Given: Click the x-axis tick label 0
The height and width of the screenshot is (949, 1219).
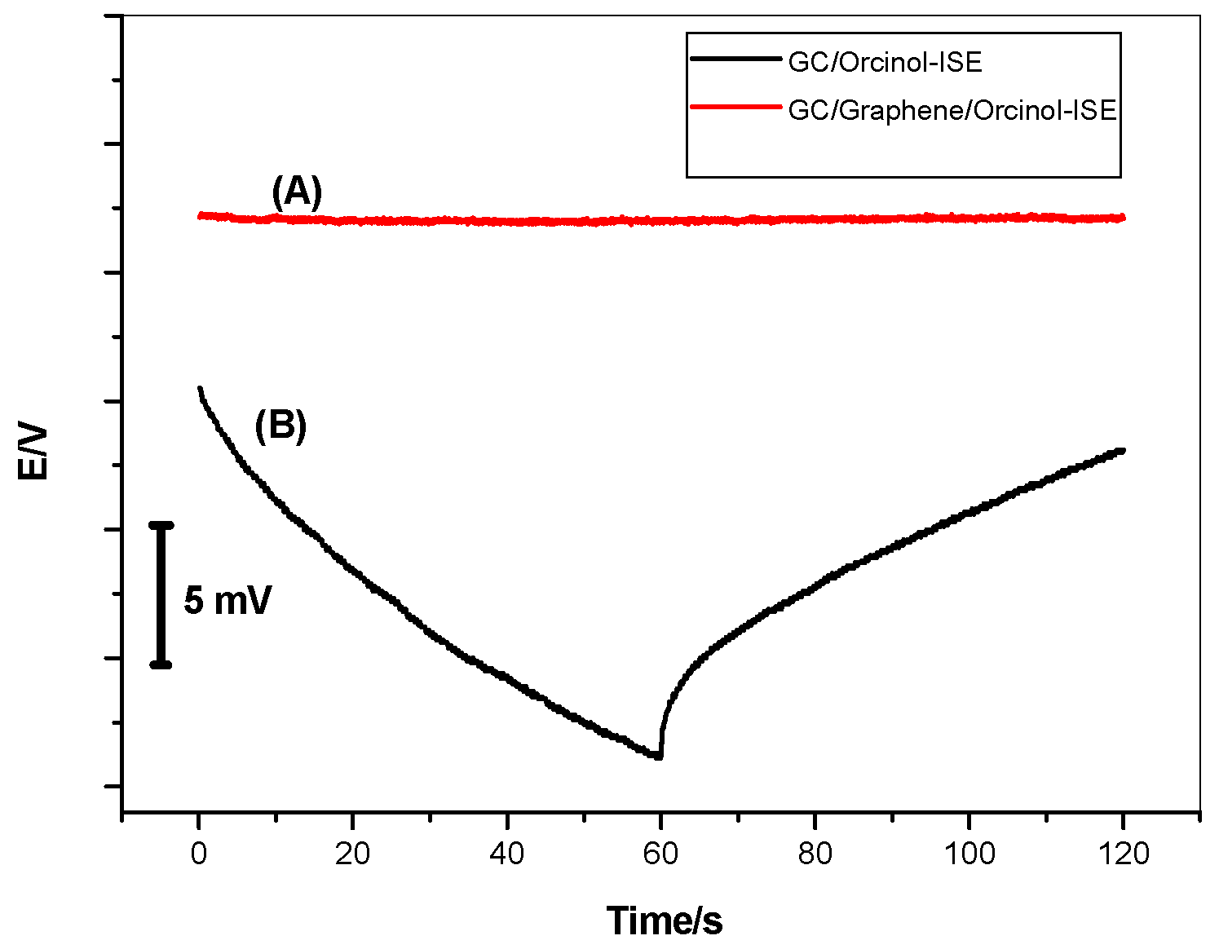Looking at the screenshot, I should pyautogui.click(x=199, y=854).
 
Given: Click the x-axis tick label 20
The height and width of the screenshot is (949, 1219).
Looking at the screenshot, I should pyautogui.click(x=352, y=854).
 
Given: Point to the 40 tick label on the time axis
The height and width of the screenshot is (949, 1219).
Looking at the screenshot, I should pyautogui.click(x=506, y=854).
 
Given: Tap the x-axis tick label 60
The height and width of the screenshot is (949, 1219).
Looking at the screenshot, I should pyautogui.click(x=660, y=854).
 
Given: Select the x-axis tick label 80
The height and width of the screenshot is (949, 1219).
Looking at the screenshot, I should pyautogui.click(x=815, y=854).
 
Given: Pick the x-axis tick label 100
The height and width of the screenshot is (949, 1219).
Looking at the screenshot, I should pyautogui.click(x=969, y=854).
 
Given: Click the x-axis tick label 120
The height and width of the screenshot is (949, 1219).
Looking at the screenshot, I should pyautogui.click(x=1123, y=854).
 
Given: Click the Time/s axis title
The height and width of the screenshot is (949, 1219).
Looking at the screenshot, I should pyautogui.click(x=665, y=920).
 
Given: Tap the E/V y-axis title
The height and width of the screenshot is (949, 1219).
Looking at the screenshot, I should pyautogui.click(x=34, y=452).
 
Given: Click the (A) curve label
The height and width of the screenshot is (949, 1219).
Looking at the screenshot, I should pyautogui.click(x=297, y=192).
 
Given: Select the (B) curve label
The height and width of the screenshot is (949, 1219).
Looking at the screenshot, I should pyautogui.click(x=280, y=426).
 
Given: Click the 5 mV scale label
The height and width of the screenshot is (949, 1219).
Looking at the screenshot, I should pyautogui.click(x=227, y=601).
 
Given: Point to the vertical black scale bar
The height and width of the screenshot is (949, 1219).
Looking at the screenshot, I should pyautogui.click(x=161, y=594).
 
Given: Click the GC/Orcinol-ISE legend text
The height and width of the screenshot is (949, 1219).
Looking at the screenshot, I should pyautogui.click(x=885, y=62).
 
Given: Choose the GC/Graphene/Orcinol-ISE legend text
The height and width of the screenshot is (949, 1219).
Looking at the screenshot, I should pyautogui.click(x=952, y=110).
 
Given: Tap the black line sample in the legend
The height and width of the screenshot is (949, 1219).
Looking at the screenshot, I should pyautogui.click(x=735, y=59).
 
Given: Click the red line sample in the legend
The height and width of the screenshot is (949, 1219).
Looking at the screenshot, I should pyautogui.click(x=735, y=107).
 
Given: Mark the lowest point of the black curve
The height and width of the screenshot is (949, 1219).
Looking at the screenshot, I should pyautogui.click(x=657, y=757).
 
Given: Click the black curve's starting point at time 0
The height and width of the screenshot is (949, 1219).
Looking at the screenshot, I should pyautogui.click(x=200, y=389).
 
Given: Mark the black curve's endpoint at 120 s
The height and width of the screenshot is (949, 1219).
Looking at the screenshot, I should pyautogui.click(x=1122, y=450).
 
